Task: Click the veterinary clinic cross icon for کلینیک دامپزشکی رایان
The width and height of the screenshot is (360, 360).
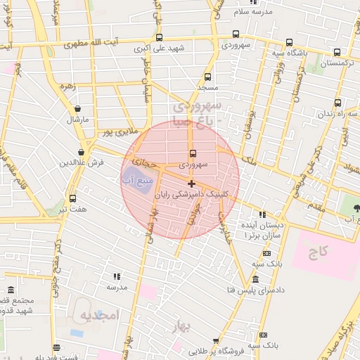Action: click(192, 184)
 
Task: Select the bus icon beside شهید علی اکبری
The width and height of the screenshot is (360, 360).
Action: click(160, 38)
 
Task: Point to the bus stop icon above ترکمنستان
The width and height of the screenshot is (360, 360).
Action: click(337, 52)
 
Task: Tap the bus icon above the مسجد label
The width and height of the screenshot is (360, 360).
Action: click(207, 77)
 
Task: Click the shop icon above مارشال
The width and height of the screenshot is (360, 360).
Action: click(77, 109)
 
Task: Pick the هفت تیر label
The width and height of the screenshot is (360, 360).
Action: click(73, 210)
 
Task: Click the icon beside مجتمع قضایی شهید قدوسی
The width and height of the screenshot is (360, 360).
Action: click(10, 290)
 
